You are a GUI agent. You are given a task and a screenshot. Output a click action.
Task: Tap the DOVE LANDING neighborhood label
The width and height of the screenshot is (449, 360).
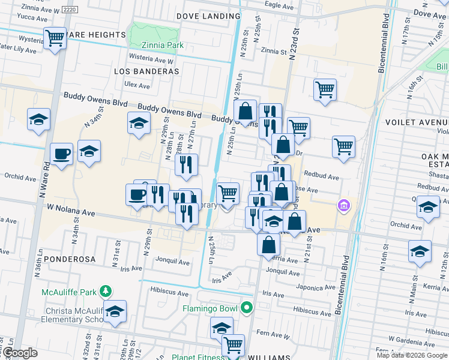click(x=209, y=16)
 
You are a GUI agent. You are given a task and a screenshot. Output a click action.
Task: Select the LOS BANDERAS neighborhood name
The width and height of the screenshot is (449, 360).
click(x=146, y=71)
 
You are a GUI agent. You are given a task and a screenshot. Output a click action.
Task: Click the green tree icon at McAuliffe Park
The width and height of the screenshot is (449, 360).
click(x=106, y=292)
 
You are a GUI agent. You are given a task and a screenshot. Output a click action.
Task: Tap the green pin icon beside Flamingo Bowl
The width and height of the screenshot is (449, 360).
click(x=247, y=309)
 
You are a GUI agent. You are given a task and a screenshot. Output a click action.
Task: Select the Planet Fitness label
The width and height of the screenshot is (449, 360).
click(x=196, y=357)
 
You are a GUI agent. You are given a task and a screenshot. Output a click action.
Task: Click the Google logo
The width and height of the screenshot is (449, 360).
click(x=20, y=353)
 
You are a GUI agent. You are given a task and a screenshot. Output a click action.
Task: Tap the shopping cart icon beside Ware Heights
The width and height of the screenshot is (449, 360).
click(x=55, y=38)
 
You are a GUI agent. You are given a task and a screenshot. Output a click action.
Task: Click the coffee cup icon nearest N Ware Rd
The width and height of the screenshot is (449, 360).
click(x=62, y=154)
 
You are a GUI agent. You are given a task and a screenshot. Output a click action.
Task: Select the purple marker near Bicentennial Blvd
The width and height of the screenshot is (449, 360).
click(x=343, y=206)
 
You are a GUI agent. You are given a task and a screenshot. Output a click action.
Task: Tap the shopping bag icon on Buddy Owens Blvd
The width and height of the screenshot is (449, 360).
click(x=245, y=111)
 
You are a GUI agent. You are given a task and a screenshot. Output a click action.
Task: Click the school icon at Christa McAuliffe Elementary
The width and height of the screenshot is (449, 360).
click(x=115, y=311)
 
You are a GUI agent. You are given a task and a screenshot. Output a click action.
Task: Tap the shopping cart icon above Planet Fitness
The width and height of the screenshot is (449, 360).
click(x=233, y=345)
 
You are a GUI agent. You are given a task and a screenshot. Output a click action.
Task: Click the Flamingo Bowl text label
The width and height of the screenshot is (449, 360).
click(x=209, y=310)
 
